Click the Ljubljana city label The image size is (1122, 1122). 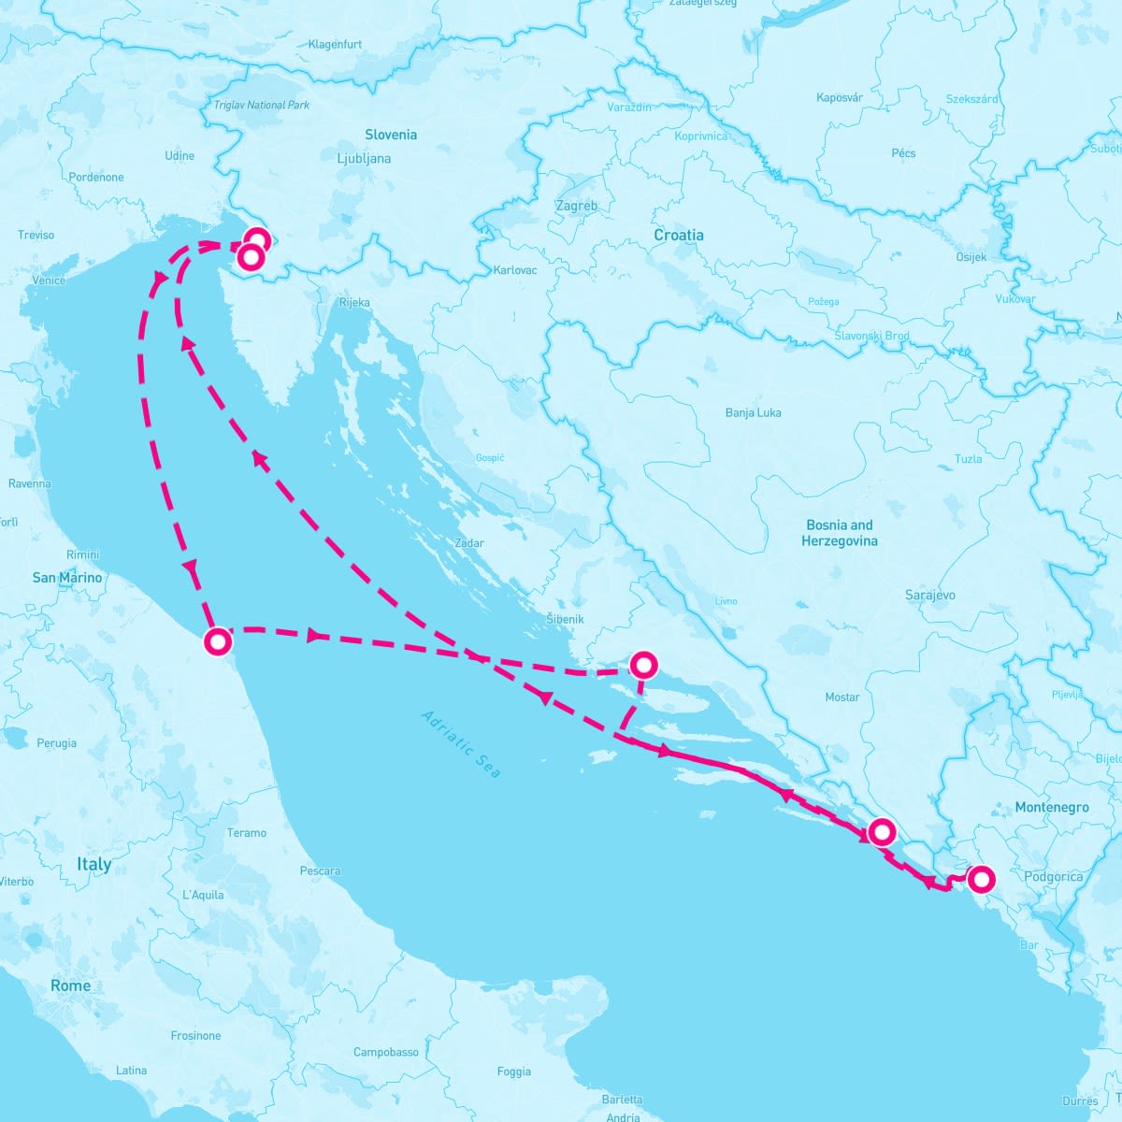pos(364,158)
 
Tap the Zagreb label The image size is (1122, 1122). pos(576,206)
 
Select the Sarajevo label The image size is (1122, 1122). pos(929,595)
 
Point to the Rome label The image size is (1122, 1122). pos(71,985)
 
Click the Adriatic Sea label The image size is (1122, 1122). pos(461,744)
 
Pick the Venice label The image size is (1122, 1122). pos(49,280)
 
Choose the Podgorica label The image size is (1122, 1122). pos(1053,876)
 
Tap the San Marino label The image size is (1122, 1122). pos(67,577)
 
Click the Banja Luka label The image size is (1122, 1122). pos(753,412)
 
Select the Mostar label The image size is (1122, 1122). pos(841,697)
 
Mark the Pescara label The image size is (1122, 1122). pos(320,870)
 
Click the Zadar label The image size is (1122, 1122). pos(468,542)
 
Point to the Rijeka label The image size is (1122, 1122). pos(354,302)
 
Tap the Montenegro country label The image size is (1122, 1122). pos(1051,807)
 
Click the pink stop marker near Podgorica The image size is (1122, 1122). pos(980,879)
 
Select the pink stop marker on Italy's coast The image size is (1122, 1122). pos(218,642)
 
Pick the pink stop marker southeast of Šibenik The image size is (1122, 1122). pos(644,665)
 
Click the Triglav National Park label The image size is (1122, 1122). pos(262,105)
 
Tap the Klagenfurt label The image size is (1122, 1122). pos(335,44)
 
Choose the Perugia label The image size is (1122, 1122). pos(56,743)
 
